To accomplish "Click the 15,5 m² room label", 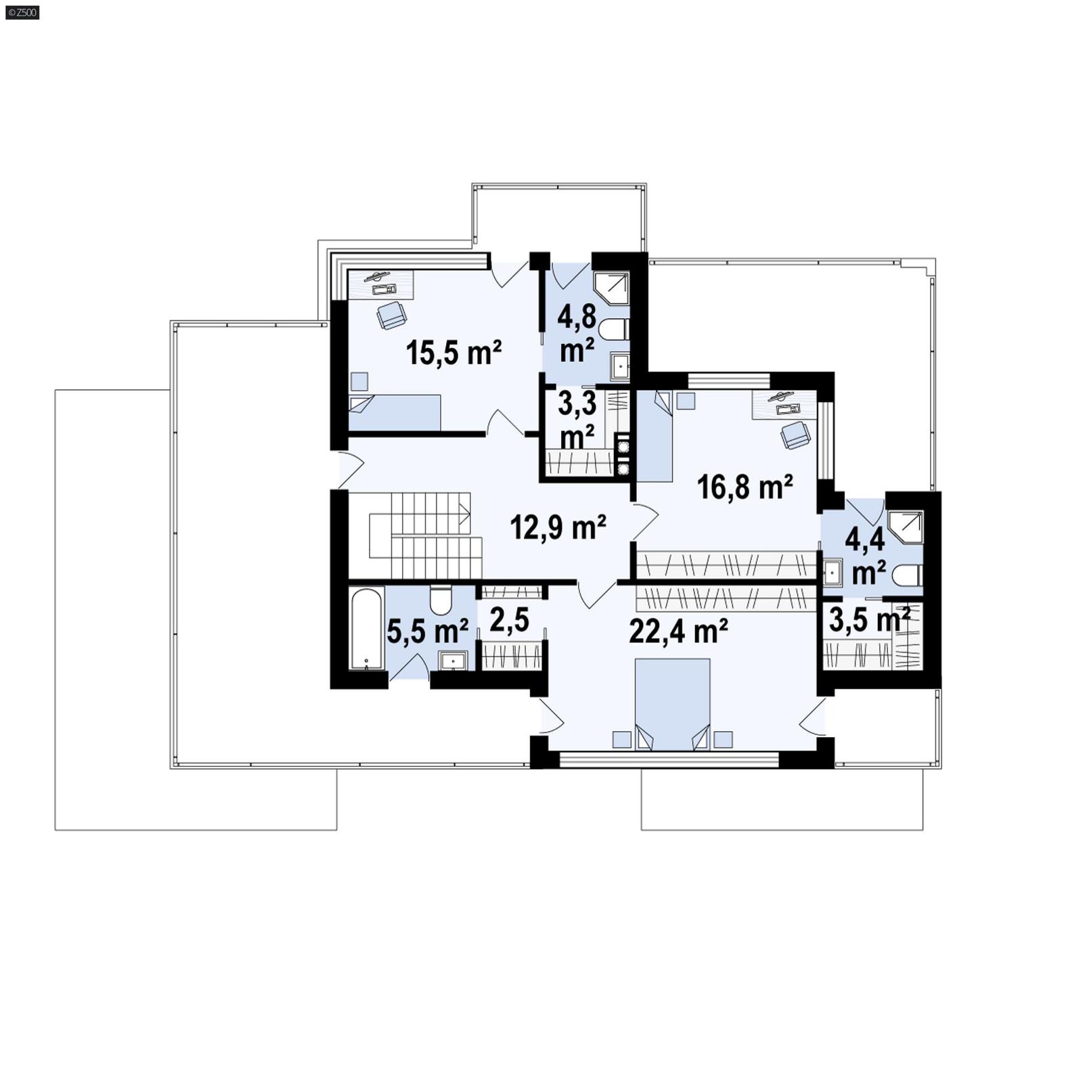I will tap(454, 353).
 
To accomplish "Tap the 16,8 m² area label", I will tap(745, 487).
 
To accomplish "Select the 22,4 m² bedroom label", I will tap(678, 632).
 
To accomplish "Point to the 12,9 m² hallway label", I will tap(557, 527).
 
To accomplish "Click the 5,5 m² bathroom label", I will tap(427, 631).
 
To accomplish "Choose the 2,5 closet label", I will tap(508, 621).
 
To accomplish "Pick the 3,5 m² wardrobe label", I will tap(869, 620).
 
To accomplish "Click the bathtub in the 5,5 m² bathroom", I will tap(366, 629).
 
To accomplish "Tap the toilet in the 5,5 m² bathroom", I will tap(441, 599).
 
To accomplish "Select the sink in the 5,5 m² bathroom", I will tap(452, 660).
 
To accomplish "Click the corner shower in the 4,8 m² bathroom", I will tap(611, 289).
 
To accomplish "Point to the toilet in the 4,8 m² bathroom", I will tap(617, 330).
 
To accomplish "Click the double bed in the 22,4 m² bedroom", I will tap(672, 704).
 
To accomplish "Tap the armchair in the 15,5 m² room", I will tap(391, 315).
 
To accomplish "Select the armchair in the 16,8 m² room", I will tap(795, 435).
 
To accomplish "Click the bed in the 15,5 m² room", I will tap(395, 412).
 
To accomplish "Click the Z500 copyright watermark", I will tap(22, 12).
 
